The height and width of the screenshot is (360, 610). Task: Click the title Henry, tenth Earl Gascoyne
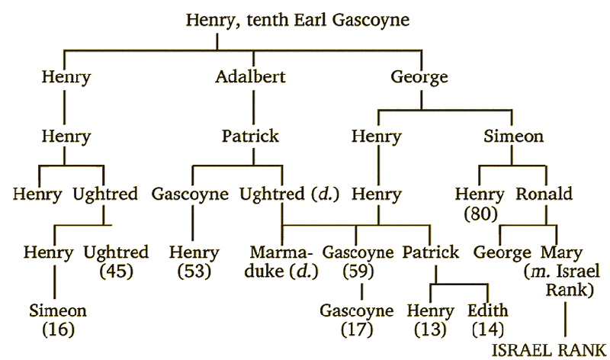tap(297, 18)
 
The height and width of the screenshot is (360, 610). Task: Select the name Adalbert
tap(251, 77)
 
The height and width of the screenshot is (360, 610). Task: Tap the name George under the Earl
tap(419, 77)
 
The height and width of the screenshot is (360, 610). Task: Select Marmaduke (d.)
tap(281, 261)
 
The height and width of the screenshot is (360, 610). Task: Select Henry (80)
tap(479, 203)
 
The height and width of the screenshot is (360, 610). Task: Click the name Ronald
tap(544, 194)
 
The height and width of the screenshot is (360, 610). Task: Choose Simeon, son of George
tap(513, 137)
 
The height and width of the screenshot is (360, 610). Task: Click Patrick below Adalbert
tap(250, 137)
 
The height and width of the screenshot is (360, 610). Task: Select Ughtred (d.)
tap(278, 194)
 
